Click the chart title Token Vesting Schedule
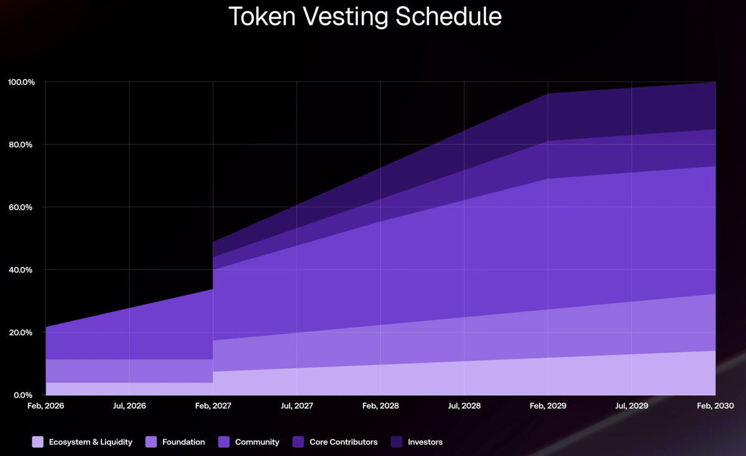(365, 17)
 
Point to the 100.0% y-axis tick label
(22, 82)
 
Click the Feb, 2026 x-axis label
(45, 406)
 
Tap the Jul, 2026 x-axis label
(129, 406)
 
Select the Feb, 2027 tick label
(213, 406)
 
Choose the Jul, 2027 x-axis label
(297, 406)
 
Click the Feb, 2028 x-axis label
(380, 406)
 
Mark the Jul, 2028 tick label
(464, 406)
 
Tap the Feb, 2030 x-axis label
(715, 406)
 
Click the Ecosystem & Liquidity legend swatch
(38, 442)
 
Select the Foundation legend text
(183, 442)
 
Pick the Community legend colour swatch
(224, 442)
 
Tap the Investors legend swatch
(397, 442)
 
